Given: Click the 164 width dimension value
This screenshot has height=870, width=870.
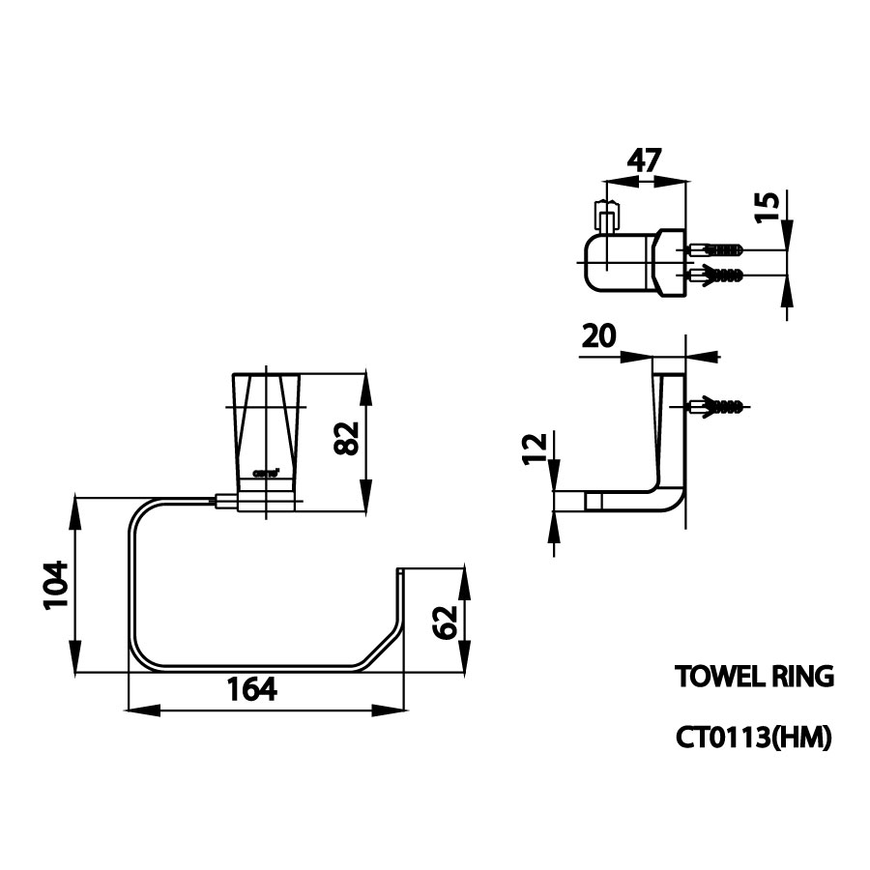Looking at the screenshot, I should tap(251, 689).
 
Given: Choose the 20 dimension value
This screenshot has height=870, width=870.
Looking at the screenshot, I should tap(600, 336).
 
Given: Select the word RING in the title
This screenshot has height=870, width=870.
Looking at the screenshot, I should tap(801, 676).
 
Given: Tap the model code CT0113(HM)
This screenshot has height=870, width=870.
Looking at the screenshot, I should tap(753, 739).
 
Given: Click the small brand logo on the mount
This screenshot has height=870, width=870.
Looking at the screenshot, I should tap(266, 473).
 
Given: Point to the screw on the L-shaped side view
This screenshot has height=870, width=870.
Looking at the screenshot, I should tap(717, 406).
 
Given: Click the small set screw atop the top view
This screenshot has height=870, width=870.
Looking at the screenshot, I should tap(606, 215).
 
